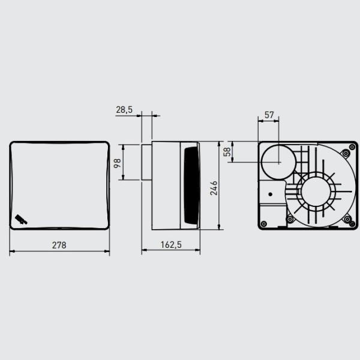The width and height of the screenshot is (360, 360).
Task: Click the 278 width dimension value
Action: (x=58, y=245)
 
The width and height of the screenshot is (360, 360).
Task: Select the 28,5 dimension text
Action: (x=124, y=110)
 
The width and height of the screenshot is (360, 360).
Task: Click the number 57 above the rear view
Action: (x=269, y=114)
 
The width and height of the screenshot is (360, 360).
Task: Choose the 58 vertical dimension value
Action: (x=227, y=151)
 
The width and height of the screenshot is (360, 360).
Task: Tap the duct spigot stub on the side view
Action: (x=146, y=161)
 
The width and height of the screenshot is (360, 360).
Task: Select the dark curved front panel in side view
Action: (x=191, y=185)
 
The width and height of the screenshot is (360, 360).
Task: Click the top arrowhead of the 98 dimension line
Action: (x=123, y=145)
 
